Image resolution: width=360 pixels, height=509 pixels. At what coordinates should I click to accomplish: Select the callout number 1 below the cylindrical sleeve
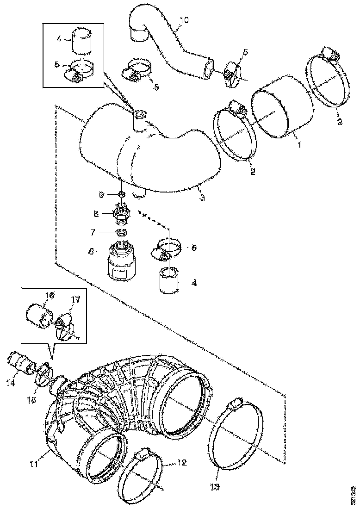[x=299, y=144]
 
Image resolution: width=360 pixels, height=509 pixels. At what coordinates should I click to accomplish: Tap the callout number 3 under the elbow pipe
[x=202, y=198]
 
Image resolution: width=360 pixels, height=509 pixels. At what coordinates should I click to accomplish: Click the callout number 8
[x=96, y=214]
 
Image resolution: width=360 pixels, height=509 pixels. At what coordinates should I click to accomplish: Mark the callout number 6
[x=91, y=251]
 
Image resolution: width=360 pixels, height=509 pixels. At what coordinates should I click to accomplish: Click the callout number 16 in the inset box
[x=49, y=295]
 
